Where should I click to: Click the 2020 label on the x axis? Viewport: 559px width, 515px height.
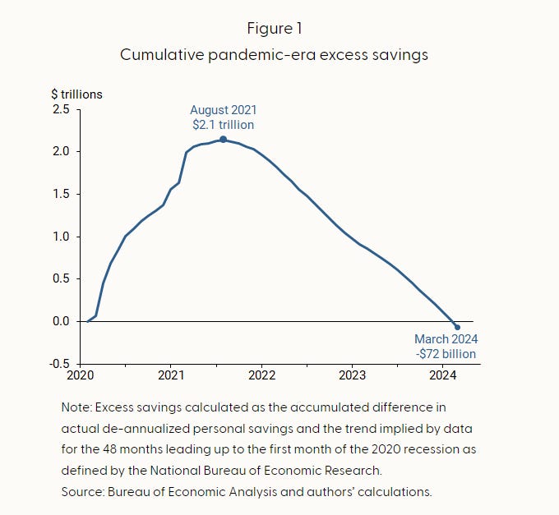pos(80,375)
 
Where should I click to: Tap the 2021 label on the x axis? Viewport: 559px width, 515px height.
pos(170,375)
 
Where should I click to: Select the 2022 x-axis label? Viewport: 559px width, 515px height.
pos(261,375)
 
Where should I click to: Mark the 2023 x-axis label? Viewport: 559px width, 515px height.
pos(352,375)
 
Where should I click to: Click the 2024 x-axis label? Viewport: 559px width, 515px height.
pos(443,375)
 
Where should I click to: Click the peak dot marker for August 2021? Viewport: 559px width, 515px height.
pos(223,140)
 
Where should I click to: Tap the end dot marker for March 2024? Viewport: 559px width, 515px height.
pos(457,327)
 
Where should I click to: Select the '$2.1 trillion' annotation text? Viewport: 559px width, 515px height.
pos(222,125)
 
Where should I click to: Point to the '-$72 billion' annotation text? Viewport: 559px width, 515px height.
pos(446,355)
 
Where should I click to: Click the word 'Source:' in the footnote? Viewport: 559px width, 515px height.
pos(83,492)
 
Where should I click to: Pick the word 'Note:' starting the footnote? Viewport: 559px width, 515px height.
pos(77,407)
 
